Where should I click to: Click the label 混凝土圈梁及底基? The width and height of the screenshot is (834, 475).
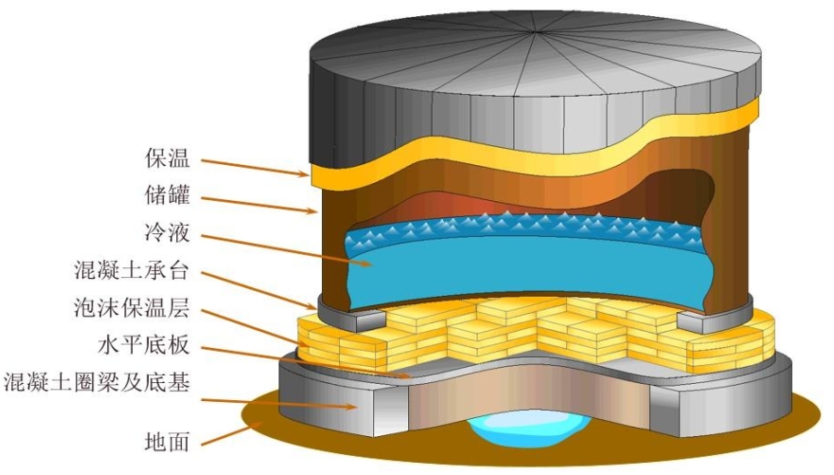pyautogui.click(x=98, y=380)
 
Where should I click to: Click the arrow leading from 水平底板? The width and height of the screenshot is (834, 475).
pyautogui.click(x=312, y=359)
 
